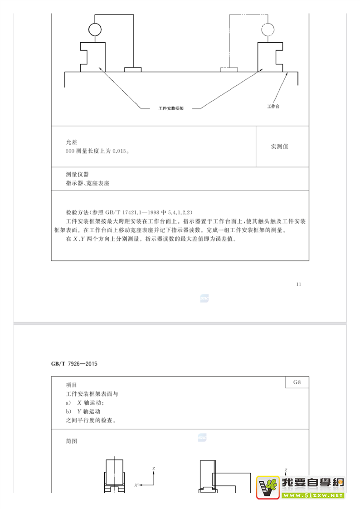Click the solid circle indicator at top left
[x=95, y=29]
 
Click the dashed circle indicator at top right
[x=268, y=29]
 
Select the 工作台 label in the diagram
[x=273, y=106]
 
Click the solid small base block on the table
[x=133, y=69]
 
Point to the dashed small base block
[x=229, y=69]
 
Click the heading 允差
[x=72, y=142]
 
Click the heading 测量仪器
[x=77, y=174]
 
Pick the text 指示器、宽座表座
[x=88, y=184]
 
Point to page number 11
[x=298, y=284]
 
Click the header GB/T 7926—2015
[x=74, y=364]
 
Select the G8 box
[x=297, y=382]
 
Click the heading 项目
[x=72, y=385]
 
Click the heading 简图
[x=72, y=441]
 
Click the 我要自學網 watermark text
[x=312, y=483]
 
